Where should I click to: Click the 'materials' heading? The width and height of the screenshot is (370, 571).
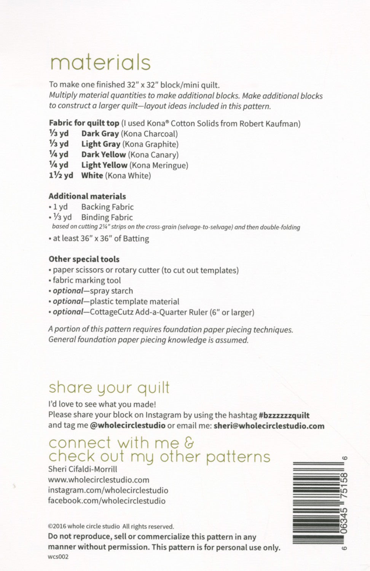(100, 63)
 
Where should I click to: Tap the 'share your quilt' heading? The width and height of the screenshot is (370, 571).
(109, 388)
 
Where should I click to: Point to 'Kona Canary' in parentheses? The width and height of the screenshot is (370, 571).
(153, 155)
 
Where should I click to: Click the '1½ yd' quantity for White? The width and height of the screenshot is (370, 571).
(61, 175)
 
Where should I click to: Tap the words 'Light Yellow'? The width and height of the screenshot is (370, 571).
(104, 165)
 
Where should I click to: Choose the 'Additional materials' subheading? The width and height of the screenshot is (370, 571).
(87, 196)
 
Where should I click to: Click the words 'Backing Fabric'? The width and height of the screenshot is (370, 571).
(107, 207)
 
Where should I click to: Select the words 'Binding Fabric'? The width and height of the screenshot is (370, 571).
(107, 217)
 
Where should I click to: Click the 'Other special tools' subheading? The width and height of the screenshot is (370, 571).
(84, 259)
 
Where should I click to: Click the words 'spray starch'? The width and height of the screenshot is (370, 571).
(112, 291)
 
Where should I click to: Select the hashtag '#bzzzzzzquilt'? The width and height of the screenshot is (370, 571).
(284, 415)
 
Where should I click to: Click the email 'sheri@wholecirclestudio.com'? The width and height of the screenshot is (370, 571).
(269, 426)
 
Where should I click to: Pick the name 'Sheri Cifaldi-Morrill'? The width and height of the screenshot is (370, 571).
(83, 469)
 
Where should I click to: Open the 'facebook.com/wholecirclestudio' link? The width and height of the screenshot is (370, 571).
(107, 501)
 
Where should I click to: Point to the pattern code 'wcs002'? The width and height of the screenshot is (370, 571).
(58, 557)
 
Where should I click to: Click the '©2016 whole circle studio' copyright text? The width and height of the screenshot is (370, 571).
(84, 527)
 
